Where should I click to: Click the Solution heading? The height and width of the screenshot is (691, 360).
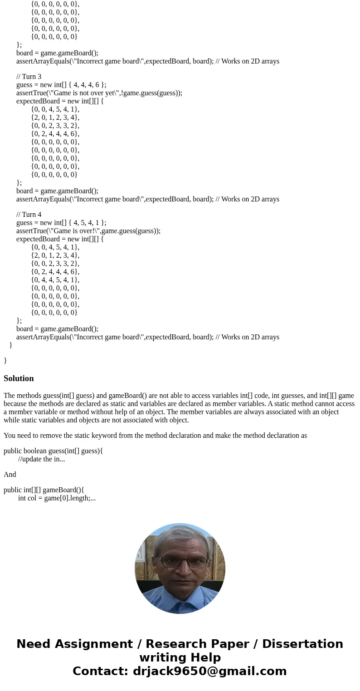[x=19, y=378]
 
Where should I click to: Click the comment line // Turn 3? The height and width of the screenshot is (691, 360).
[x=29, y=76]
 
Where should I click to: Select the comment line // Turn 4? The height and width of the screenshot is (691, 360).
[x=29, y=214]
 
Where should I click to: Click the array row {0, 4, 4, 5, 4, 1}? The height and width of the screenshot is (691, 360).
[x=55, y=279]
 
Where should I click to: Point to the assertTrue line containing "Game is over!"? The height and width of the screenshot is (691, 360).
[x=88, y=230]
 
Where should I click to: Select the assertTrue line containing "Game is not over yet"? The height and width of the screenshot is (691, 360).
[x=99, y=93]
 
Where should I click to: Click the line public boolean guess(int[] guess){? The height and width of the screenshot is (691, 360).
[x=53, y=451]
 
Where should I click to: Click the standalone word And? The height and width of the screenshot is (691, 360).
[x=10, y=474]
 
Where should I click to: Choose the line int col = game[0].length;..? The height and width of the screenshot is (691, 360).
[x=57, y=498]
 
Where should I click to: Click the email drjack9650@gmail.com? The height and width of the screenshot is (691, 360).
[x=209, y=671]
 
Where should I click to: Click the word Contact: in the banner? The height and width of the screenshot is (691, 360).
[x=100, y=671]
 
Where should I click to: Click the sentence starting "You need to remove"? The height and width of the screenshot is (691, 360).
[x=155, y=435]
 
